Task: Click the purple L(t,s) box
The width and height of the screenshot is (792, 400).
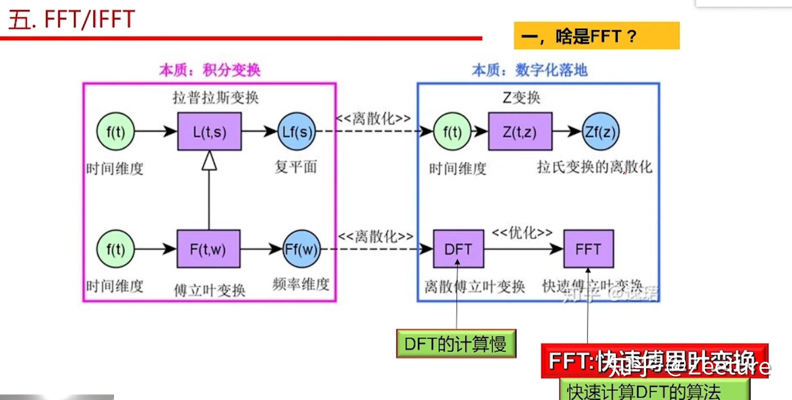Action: (x=209, y=132)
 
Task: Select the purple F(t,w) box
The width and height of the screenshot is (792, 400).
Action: (x=208, y=249)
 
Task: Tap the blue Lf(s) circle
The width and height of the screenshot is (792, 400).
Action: (x=297, y=132)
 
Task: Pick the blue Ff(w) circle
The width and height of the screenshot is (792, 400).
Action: (x=301, y=249)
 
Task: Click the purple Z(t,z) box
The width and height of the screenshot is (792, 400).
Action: (x=520, y=132)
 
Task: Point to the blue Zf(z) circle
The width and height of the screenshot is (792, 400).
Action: (x=601, y=132)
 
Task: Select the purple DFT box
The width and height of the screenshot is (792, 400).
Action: (x=458, y=249)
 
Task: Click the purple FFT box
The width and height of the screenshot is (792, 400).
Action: (x=589, y=249)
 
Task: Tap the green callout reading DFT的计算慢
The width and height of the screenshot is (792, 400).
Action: (x=456, y=344)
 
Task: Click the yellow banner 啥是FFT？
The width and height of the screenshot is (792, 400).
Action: (x=596, y=36)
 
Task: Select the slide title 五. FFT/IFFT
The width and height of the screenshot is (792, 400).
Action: (x=72, y=19)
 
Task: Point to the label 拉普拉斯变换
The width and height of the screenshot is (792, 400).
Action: (x=215, y=98)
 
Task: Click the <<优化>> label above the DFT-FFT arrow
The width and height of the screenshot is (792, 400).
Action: (x=522, y=232)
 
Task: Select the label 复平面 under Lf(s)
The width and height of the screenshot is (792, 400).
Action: (x=295, y=167)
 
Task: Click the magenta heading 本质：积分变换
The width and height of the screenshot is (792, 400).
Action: (x=210, y=70)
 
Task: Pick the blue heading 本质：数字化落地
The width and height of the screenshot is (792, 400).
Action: (x=530, y=70)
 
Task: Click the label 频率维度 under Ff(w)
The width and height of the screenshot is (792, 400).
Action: (x=301, y=284)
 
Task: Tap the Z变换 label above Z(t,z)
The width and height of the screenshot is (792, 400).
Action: (x=522, y=98)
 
